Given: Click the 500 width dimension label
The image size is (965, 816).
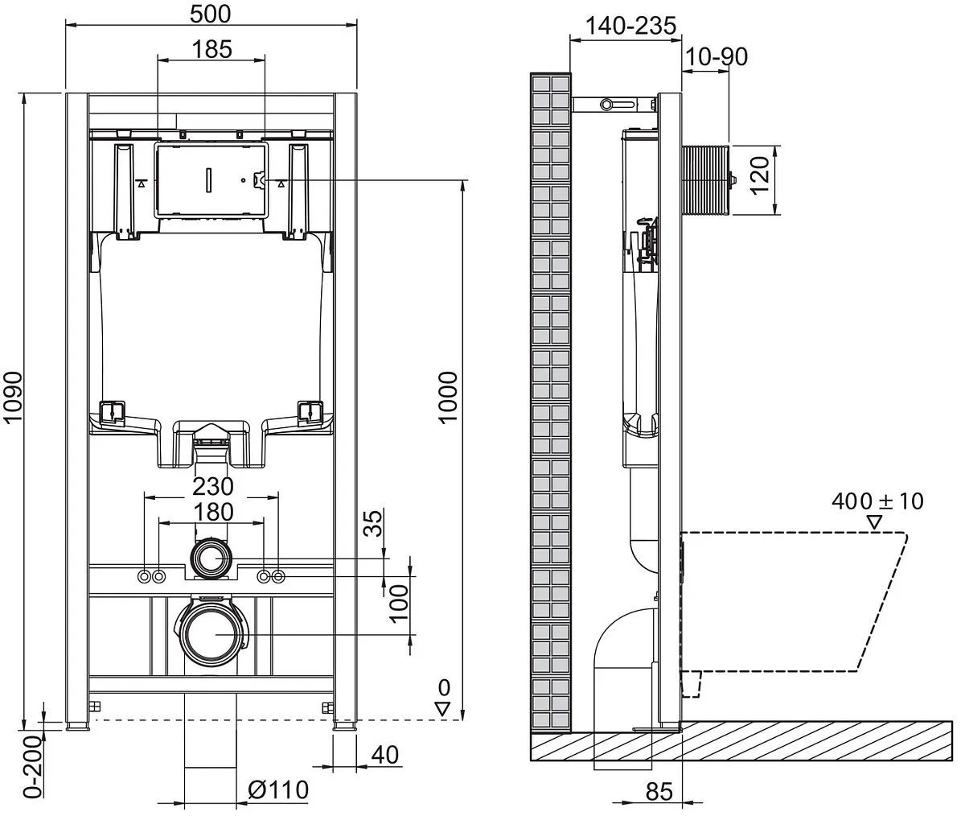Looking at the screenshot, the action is coord(210,14).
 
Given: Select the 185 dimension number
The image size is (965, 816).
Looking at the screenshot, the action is coord(211,49).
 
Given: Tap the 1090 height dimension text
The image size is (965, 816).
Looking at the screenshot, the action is coord(13,397).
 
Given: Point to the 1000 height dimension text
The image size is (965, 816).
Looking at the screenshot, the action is coord(448,398).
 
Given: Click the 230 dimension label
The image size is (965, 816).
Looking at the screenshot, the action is coord(212,486).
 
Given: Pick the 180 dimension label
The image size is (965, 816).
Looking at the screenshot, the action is coord(212,512).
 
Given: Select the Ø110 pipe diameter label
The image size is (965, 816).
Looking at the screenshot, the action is coord(278,789).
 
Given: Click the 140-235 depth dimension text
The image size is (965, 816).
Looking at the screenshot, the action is coord(630,26).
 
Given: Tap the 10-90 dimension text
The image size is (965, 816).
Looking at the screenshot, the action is coord(717,57).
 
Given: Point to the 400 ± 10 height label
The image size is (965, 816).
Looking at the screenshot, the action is coord(877,501).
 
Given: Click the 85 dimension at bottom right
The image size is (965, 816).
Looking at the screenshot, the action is coord(659,792).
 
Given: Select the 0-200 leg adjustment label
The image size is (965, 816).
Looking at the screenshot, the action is coord(33,768).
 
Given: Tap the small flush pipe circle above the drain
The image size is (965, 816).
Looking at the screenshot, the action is coord(211,558).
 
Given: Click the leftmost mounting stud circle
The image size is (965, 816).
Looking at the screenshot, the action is coord(145,577).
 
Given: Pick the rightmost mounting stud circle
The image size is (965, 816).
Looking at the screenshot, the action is coord(278,577).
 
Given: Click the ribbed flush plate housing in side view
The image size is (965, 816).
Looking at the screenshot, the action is coord(705,180).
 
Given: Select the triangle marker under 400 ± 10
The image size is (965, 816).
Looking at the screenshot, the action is coord(874,523).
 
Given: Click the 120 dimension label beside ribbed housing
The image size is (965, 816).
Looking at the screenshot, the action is coord(759,175).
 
